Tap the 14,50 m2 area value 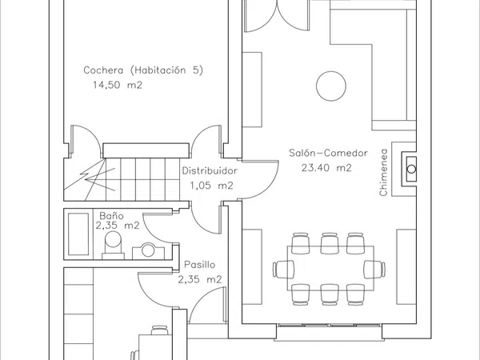118,85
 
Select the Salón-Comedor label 328,153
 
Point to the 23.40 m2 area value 326,168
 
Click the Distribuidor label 210,170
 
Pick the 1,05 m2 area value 211,186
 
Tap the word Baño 111,215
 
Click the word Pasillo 199,265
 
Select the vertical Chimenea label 383,172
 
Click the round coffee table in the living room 331,86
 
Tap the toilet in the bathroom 113,245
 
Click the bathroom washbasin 148,251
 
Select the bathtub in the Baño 78,234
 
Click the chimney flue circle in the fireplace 411,169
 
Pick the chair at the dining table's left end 283,270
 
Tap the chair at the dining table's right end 374,270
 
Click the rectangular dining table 330,268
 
